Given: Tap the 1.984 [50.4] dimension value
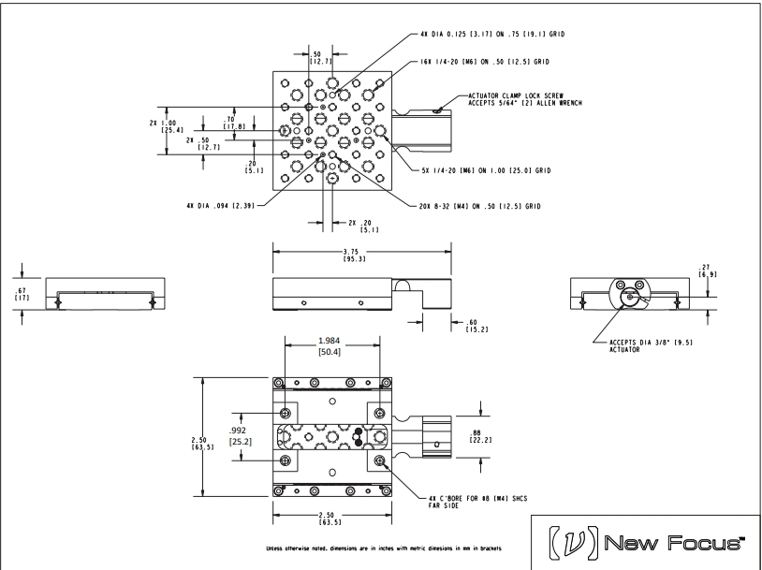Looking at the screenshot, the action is (x=329, y=346).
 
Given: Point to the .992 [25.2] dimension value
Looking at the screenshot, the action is (x=240, y=436).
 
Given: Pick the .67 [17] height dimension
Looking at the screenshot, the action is (x=22, y=294).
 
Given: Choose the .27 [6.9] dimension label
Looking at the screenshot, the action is (x=707, y=270).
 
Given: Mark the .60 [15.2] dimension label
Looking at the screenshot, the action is (x=476, y=326).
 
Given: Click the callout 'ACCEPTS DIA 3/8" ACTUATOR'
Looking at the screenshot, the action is (x=651, y=345).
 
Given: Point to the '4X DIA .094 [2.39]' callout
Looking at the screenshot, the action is (x=220, y=206).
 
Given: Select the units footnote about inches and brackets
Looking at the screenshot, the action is (x=384, y=548).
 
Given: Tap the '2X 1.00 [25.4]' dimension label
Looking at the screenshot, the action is (x=167, y=126).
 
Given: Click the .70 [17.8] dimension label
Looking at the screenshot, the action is (x=234, y=123).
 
